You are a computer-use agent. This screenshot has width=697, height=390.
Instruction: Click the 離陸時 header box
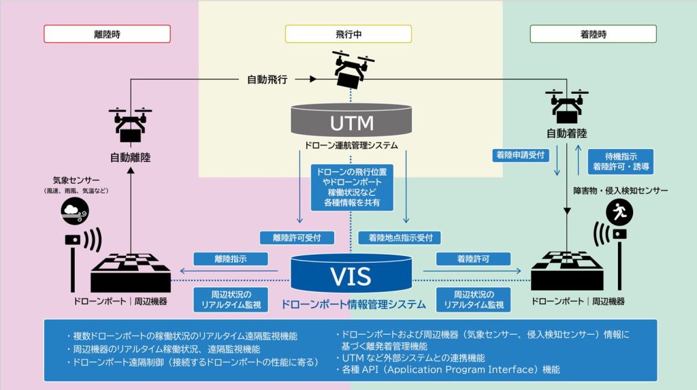click(x=107, y=34)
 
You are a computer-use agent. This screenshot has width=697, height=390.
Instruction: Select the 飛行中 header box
click(x=348, y=34)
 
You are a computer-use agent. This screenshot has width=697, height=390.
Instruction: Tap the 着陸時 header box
click(x=593, y=34)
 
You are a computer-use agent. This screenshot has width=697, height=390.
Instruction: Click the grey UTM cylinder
click(x=351, y=120)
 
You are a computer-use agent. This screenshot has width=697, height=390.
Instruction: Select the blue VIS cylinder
click(x=351, y=274)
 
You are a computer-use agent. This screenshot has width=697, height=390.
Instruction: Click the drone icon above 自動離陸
click(x=130, y=126)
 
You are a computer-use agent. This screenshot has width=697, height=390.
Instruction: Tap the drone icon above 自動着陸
click(x=567, y=107)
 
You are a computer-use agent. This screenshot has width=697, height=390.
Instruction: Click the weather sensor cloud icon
click(x=75, y=210)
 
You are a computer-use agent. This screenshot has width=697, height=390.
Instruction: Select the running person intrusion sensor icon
click(x=619, y=212)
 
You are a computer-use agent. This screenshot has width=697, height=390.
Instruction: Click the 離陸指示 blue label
click(x=231, y=259)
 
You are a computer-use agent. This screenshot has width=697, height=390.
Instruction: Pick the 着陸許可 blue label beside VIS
click(x=473, y=259)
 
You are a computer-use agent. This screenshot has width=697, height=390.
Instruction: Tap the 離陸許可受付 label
click(x=297, y=238)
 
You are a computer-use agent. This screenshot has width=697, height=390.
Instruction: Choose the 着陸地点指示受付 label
click(x=400, y=238)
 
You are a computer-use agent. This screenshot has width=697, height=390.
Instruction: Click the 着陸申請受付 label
click(x=520, y=155)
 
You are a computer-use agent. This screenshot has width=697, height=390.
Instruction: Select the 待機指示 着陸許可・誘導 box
click(x=621, y=161)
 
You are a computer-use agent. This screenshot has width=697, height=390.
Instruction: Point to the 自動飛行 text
click(x=267, y=80)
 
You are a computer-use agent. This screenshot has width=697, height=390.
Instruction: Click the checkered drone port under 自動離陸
click(x=130, y=273)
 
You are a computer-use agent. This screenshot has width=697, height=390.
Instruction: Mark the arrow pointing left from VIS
click(x=229, y=271)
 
